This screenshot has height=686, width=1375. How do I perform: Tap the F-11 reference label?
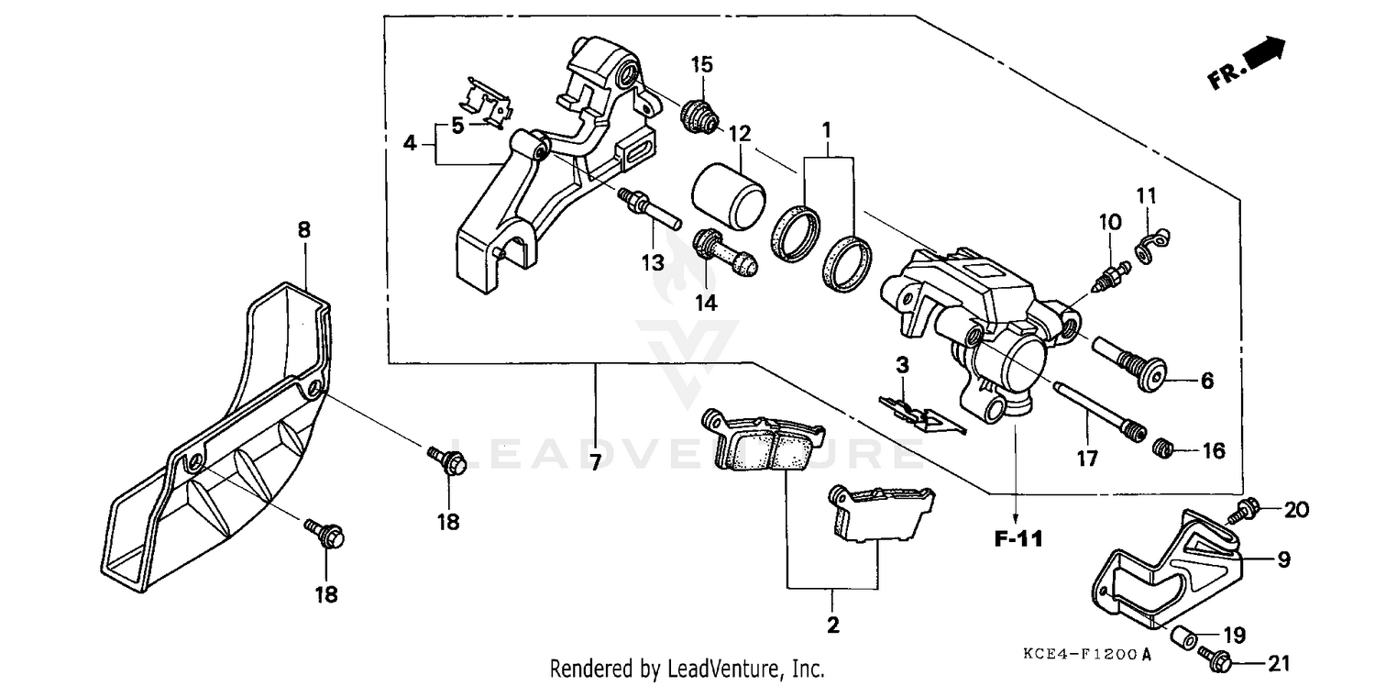1018,539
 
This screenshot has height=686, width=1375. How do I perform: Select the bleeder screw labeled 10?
1107,274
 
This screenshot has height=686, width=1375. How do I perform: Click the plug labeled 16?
1163,448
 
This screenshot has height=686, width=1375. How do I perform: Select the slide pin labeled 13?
649,208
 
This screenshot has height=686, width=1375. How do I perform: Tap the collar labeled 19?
1184,635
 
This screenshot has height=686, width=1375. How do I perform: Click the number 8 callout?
303,230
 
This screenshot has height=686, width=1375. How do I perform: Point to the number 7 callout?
595,463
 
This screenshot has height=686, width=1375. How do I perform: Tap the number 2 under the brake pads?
832,626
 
